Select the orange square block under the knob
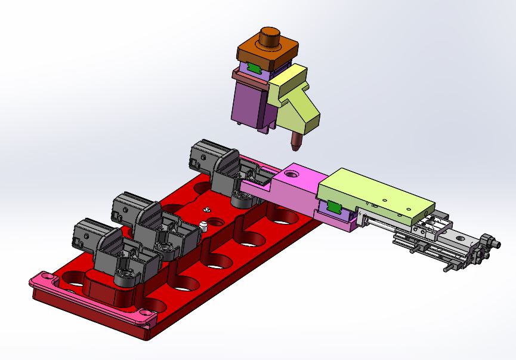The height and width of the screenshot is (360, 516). tap(257, 55)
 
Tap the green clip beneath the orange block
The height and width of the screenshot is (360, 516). tap(255, 68)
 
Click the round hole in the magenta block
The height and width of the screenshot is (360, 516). tap(291, 174)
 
